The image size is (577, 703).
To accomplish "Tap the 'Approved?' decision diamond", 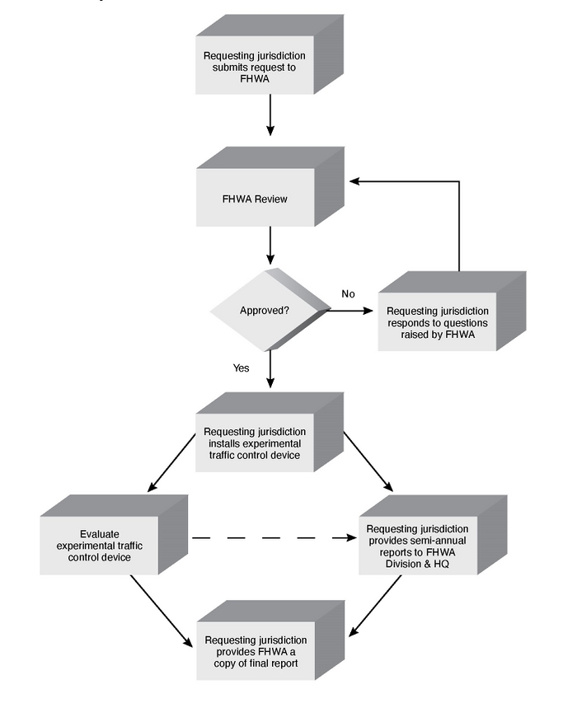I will [264, 311].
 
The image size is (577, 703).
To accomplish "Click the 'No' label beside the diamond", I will [348, 293].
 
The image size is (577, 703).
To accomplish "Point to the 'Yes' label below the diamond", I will [241, 368].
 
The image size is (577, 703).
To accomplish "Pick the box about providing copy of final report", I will [255, 651].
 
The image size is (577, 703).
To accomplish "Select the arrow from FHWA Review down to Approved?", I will [270, 245].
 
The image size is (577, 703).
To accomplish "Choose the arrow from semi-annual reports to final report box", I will [376, 606].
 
